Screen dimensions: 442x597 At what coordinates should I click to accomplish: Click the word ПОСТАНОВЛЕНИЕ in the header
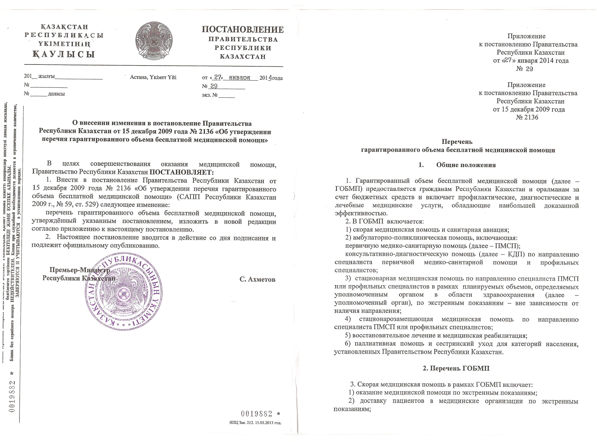point(242,29)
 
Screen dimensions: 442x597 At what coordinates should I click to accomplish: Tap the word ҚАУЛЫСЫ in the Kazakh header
point(64,54)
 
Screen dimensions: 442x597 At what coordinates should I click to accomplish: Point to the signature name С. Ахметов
point(257,279)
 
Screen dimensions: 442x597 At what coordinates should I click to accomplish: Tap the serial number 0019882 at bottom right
point(257,414)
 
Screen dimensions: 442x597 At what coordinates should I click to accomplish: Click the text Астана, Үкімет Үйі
point(153,77)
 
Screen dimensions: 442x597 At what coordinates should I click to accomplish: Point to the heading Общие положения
point(466,165)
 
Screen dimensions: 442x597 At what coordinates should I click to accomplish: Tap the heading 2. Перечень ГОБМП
point(456,368)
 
